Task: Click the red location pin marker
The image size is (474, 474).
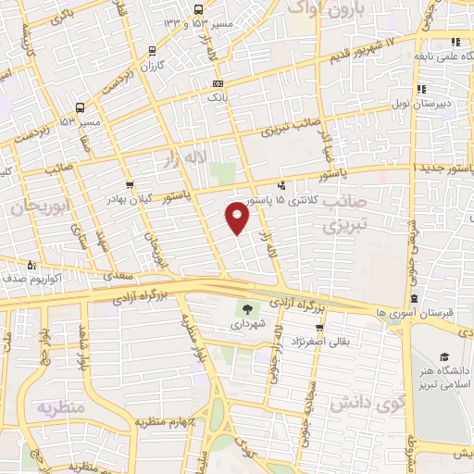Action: (238, 218)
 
